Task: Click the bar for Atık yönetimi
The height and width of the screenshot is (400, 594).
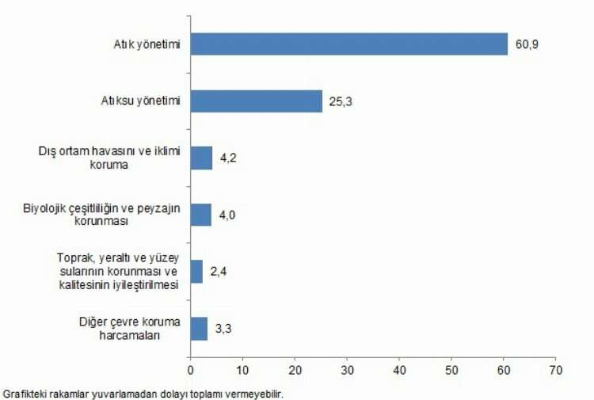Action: coord(348,44)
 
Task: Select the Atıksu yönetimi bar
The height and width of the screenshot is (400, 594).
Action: coord(256,101)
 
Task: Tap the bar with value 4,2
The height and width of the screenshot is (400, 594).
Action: coord(201,158)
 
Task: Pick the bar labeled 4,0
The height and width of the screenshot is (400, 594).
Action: coord(200,215)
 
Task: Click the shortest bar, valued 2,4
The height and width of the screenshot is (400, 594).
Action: coord(196,272)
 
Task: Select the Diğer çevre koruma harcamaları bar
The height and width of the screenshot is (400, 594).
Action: coord(199,329)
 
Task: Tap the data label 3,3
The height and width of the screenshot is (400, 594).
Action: coord(223,329)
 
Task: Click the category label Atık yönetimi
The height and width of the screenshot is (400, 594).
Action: coord(147,45)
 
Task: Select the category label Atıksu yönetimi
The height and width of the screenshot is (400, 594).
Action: coord(141,101)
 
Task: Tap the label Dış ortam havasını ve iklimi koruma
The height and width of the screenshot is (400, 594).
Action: coord(110,158)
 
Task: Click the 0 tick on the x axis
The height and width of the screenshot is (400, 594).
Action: coord(191,370)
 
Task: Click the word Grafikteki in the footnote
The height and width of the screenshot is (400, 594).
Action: coord(23,394)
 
